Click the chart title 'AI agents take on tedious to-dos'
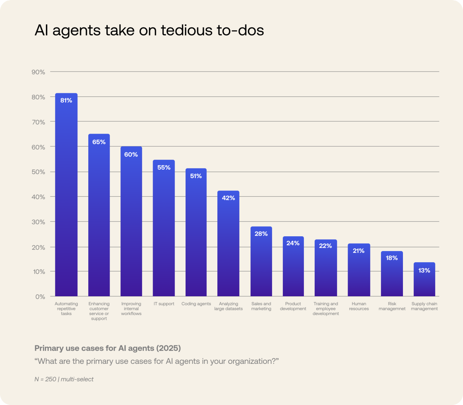point(149,30)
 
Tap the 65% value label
point(99,142)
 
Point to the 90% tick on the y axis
point(38,72)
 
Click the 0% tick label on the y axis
point(40,297)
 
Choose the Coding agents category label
point(196,304)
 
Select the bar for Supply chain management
point(424,282)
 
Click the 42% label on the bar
point(228,198)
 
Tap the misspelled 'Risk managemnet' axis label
point(392,306)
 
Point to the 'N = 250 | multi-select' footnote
point(64,379)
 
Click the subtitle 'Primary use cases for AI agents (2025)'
point(107,348)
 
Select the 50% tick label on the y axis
point(38,172)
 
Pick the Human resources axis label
point(359,306)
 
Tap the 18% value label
point(392,258)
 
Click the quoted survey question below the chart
point(157,361)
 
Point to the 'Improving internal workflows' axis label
point(131,309)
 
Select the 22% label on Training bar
point(325,246)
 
